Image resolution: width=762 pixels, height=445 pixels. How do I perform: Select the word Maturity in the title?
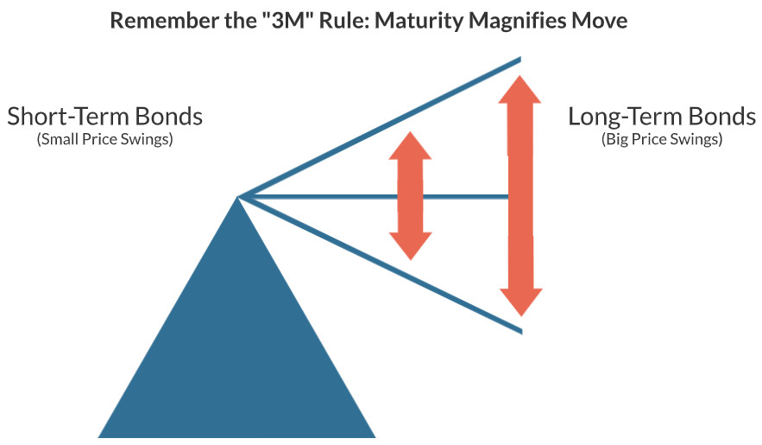409,20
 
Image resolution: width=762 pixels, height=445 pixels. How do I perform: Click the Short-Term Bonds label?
104,117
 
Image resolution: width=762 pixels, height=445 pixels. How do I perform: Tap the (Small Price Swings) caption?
104,139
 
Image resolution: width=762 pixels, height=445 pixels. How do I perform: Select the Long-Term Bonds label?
661,117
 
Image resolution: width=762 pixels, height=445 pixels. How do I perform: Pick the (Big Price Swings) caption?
661,139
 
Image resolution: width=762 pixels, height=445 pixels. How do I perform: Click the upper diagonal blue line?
380,130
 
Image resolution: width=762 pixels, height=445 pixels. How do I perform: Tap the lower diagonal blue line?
380,264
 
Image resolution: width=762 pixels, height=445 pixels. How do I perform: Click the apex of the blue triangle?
238,200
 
